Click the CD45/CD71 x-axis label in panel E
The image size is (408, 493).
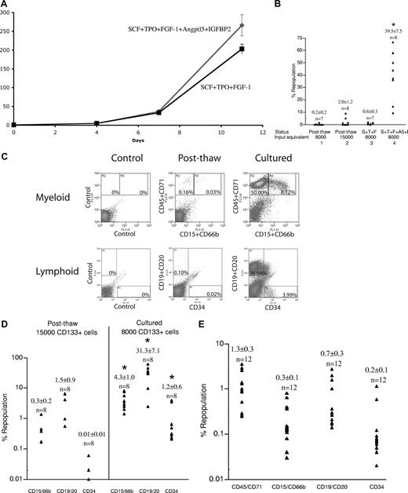pos(271,482)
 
